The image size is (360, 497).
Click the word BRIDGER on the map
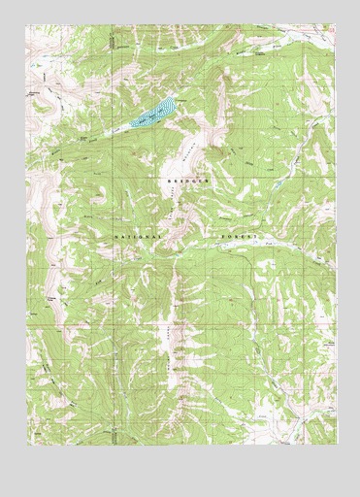pyautogui.click(x=187, y=182)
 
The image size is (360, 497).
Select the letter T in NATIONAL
pyautogui.click(x=126, y=236)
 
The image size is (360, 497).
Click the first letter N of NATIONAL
pyautogui.click(x=113, y=236)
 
